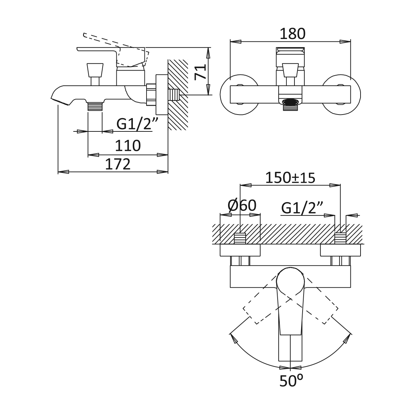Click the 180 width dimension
tap(292, 34)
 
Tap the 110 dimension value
tap(128, 145)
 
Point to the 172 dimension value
tap(118, 164)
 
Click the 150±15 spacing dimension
tap(290, 178)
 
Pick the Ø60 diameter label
tap(242, 206)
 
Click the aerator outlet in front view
tap(290, 102)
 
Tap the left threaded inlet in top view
tap(240, 238)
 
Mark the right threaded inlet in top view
tap(340, 238)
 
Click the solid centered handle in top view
tap(290, 309)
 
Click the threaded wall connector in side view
tap(174, 95)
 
